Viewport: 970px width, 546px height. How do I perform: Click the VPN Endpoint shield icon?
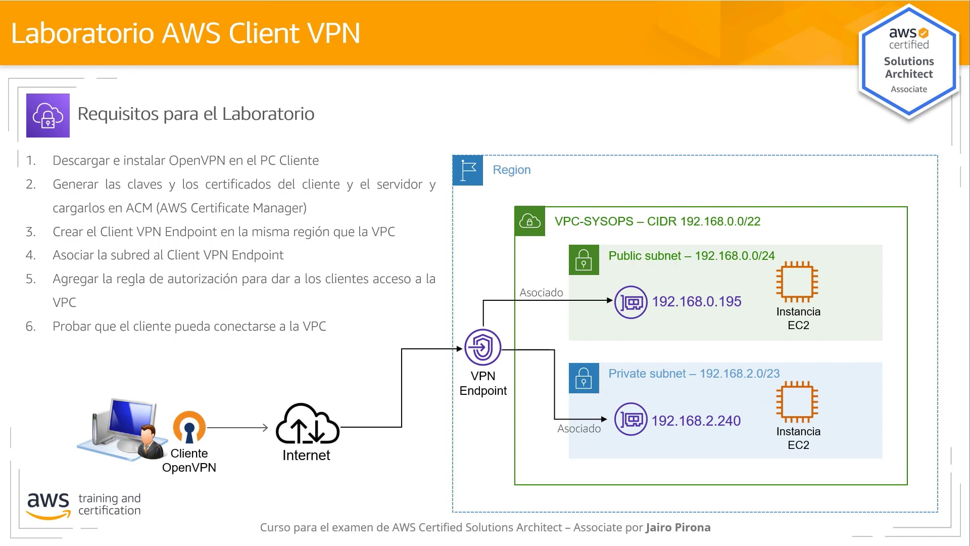click(482, 348)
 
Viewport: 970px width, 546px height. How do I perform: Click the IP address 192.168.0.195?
click(696, 302)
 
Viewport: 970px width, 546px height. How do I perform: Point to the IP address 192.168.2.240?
click(696, 421)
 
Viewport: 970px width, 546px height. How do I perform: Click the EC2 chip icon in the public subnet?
click(797, 281)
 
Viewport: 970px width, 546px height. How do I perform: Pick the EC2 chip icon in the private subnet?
click(797, 401)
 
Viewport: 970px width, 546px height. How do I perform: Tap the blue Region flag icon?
click(468, 170)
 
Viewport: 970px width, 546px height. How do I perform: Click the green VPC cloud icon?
click(529, 221)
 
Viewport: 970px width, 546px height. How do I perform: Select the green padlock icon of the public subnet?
click(584, 260)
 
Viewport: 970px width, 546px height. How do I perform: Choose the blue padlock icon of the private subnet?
click(584, 378)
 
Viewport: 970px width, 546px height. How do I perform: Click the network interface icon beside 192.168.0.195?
click(630, 302)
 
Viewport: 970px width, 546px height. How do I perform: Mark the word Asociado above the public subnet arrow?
click(541, 293)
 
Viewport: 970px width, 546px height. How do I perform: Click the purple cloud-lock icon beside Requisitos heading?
click(48, 115)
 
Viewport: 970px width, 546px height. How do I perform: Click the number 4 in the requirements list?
click(30, 255)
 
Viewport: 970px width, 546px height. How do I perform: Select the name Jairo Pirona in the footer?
click(677, 527)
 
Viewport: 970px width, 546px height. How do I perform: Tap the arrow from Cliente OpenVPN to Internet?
click(237, 428)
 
